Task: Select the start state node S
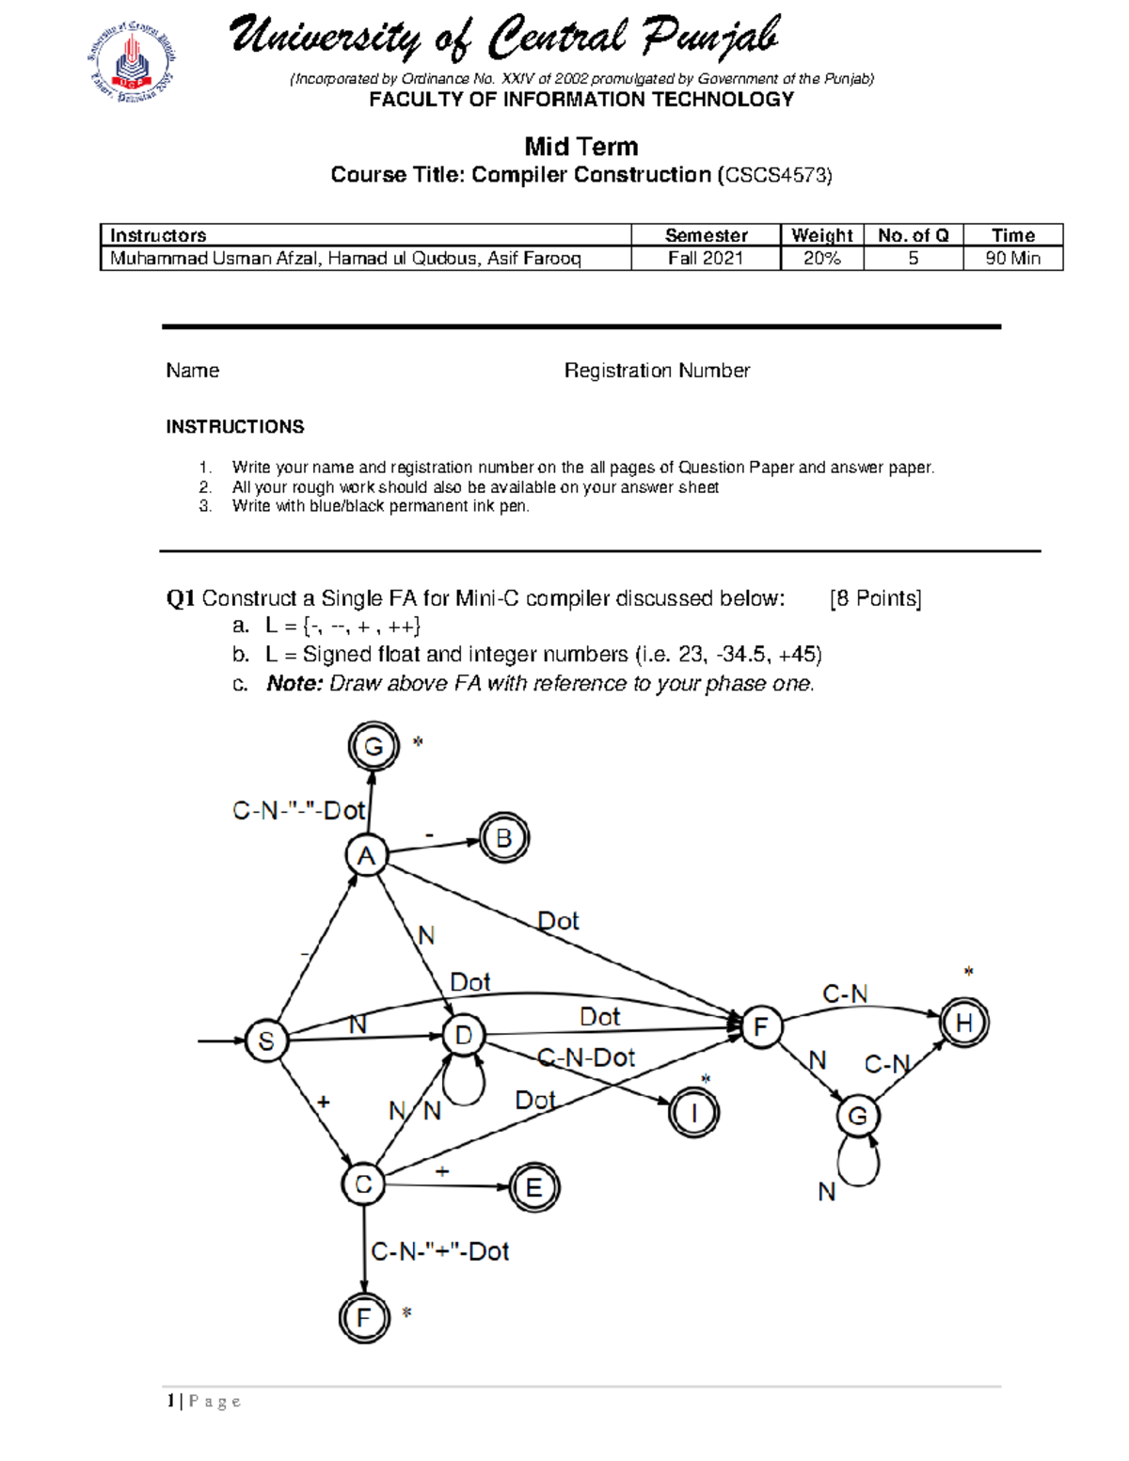[x=266, y=1040]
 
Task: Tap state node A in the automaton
[x=366, y=856]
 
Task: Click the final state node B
[x=504, y=838]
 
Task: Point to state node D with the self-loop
[x=464, y=1036]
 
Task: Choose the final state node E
[x=533, y=1187]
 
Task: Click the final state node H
[x=964, y=1023]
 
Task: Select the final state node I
[x=694, y=1114]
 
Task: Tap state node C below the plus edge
[x=364, y=1183]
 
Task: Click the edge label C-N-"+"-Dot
[x=440, y=1251]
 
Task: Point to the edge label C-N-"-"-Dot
[x=298, y=810]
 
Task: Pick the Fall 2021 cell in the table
[x=706, y=259]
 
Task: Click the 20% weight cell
[x=821, y=259]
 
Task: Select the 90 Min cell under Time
[x=1012, y=259]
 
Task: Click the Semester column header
[x=706, y=235]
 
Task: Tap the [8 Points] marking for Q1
[x=875, y=598]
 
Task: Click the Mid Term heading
[x=581, y=147]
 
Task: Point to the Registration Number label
[x=657, y=371]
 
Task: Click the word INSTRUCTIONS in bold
[x=235, y=427]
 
